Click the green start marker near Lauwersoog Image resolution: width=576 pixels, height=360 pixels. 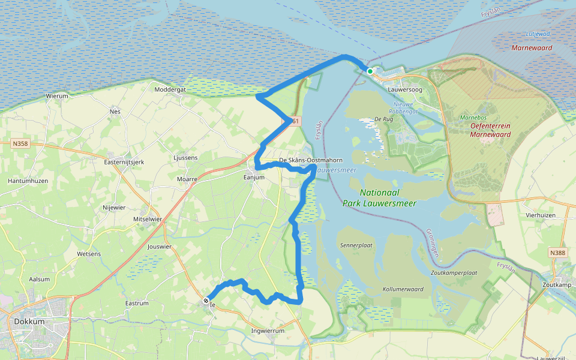[370, 71]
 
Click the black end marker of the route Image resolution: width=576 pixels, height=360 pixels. [206, 300]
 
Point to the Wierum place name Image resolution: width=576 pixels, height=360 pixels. [57, 95]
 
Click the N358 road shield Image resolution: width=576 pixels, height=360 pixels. [20, 144]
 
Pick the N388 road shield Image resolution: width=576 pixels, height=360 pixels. [557, 254]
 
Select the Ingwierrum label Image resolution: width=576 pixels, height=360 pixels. [268, 331]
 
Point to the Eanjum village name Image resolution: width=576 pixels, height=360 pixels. [254, 177]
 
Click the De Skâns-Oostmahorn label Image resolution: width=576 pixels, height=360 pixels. [311, 160]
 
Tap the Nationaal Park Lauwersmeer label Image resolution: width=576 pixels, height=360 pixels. [388, 198]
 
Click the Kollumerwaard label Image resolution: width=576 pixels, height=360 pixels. [403, 289]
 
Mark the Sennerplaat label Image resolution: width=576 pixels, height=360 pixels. [356, 245]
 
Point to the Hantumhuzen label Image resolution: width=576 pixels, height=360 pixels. [28, 181]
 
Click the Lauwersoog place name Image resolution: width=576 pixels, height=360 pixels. [405, 89]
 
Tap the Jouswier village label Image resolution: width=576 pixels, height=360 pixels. [160, 246]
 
